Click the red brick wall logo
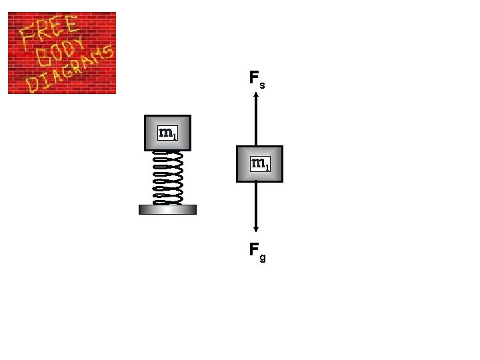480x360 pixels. pyautogui.click(x=62, y=53)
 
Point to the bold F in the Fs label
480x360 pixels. pyautogui.click(x=253, y=79)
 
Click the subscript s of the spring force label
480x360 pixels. pyautogui.click(x=263, y=85)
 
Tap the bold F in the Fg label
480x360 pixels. pyautogui.click(x=253, y=250)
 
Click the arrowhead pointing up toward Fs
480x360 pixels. pyautogui.click(x=256, y=96)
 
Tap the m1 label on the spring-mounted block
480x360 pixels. pyautogui.click(x=167, y=133)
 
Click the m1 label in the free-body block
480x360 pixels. pyautogui.click(x=259, y=163)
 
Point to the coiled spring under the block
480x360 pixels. pyautogui.click(x=167, y=177)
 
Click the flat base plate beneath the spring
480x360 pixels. pyautogui.click(x=167, y=209)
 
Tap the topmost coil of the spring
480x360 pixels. pyautogui.click(x=167, y=154)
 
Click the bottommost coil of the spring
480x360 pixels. pyautogui.click(x=167, y=201)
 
